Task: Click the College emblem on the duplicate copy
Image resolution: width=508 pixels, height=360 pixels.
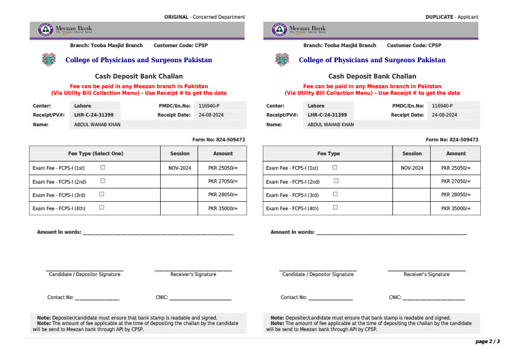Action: [281, 60]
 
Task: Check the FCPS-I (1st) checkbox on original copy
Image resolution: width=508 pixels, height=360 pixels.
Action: [103, 167]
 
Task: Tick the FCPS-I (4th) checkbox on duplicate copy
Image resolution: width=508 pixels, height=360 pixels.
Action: [335, 207]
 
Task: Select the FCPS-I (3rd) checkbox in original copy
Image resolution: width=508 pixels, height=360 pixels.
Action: [101, 194]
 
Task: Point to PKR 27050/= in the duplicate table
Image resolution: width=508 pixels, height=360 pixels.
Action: [455, 181]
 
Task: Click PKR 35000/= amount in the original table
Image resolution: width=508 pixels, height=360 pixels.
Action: [223, 208]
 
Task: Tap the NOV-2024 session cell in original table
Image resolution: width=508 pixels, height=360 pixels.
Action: [179, 168]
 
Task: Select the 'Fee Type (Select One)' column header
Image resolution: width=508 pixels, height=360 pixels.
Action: [95, 153]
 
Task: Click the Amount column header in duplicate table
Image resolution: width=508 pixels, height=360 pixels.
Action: [456, 153]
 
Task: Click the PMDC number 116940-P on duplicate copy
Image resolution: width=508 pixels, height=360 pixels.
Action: [442, 106]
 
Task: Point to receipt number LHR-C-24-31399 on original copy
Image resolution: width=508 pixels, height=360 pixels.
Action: [94, 115]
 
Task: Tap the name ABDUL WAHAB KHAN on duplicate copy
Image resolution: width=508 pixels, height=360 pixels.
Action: [330, 124]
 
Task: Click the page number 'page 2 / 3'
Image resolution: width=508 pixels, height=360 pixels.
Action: [487, 342]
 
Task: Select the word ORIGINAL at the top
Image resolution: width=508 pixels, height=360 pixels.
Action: [176, 17]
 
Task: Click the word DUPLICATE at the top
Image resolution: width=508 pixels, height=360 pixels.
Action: [439, 17]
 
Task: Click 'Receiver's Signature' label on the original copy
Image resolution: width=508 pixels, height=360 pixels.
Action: [193, 274]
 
